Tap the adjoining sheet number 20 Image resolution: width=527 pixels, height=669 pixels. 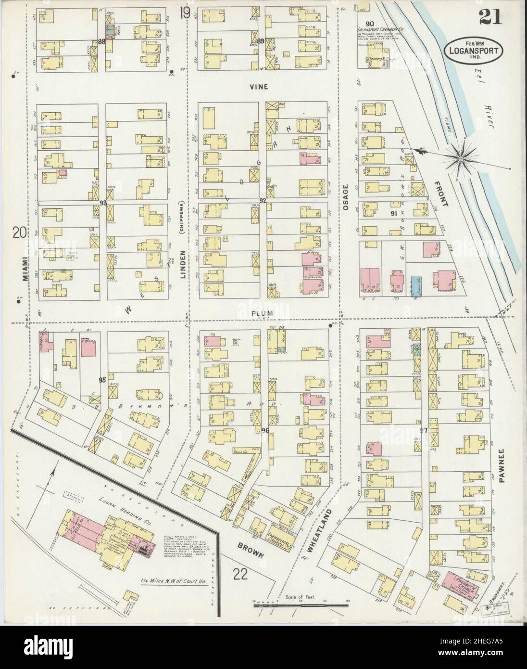click(20, 233)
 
